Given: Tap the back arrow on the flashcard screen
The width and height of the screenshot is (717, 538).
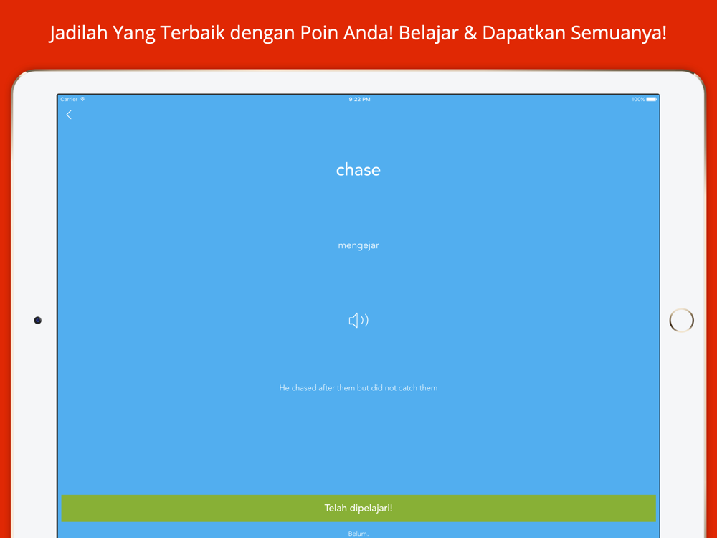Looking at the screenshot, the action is click(69, 115).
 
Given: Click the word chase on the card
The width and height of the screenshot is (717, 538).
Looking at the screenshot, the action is click(358, 170).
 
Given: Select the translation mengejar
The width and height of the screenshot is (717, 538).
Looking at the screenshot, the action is click(358, 245).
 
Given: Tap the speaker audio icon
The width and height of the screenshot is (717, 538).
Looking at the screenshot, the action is click(358, 320).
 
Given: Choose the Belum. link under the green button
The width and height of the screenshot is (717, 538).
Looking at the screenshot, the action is click(358, 534).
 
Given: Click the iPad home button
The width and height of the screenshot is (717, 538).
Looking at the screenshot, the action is click(681, 320).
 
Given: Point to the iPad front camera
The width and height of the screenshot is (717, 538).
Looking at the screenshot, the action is click(38, 320).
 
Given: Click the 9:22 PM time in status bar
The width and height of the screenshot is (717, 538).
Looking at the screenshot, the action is click(359, 99).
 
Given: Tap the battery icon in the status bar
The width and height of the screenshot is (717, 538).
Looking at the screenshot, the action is click(652, 99).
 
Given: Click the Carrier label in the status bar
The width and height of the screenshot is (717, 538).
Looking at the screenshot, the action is click(69, 99).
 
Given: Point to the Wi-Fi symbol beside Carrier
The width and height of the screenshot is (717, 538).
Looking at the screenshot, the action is click(82, 99).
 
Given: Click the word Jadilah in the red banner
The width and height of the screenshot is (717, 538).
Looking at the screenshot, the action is click(78, 33).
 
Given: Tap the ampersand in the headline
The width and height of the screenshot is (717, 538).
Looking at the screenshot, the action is click(470, 33).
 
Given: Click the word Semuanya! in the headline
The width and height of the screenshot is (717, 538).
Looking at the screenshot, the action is click(619, 33).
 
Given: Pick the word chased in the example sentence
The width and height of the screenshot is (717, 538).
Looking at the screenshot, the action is click(304, 388).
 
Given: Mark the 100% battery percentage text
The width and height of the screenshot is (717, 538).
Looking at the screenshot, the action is click(638, 99).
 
